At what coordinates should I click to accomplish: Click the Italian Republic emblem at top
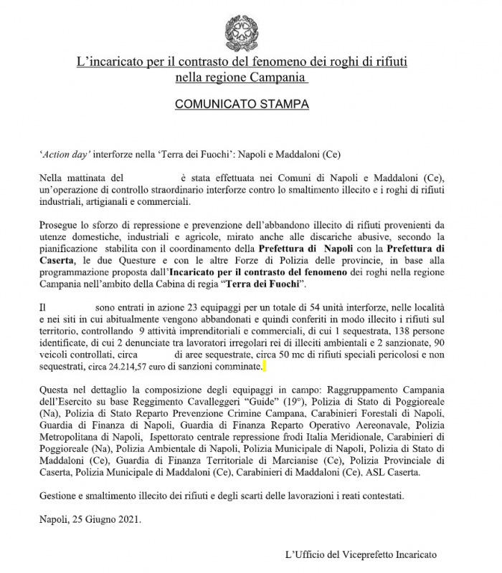[x=242, y=31]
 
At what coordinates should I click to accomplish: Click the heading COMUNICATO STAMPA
[x=242, y=105]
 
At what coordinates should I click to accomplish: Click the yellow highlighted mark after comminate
[x=264, y=367]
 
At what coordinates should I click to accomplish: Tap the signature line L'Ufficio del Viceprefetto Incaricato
[x=360, y=555]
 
